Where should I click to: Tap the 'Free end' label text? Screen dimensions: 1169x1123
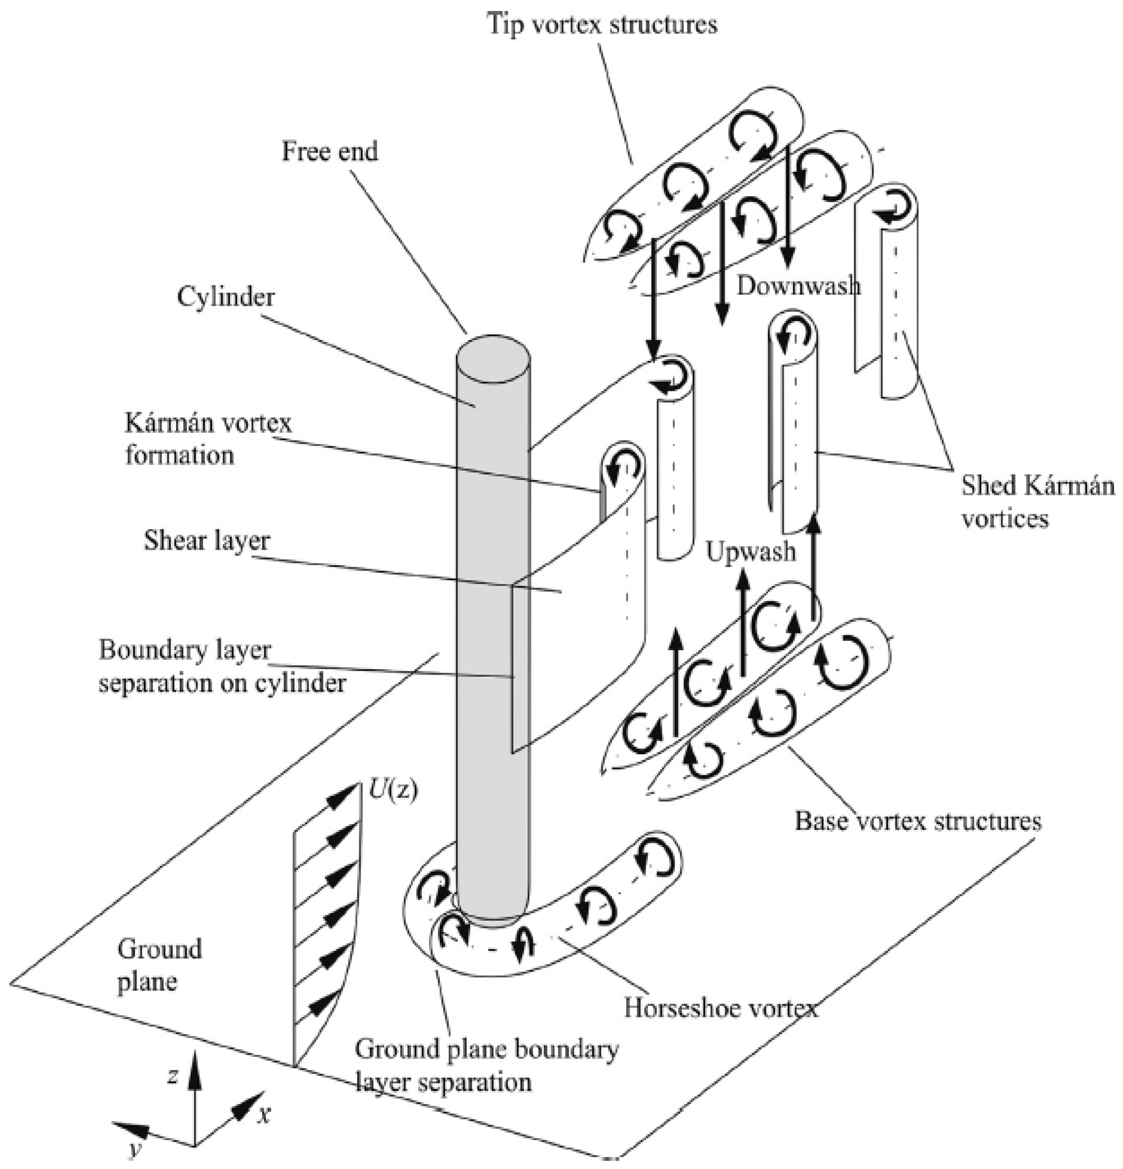point(329,151)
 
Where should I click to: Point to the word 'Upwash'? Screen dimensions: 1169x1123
point(750,552)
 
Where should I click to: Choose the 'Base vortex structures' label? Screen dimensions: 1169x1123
point(918,821)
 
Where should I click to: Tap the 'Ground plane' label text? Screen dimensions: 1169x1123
point(159,965)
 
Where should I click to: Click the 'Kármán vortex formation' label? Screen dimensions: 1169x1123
point(208,440)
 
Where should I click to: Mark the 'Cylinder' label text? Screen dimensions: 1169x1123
point(226,296)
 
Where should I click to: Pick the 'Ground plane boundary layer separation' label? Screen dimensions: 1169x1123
point(486,1065)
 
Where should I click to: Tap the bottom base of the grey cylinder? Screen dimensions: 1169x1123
point(491,914)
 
